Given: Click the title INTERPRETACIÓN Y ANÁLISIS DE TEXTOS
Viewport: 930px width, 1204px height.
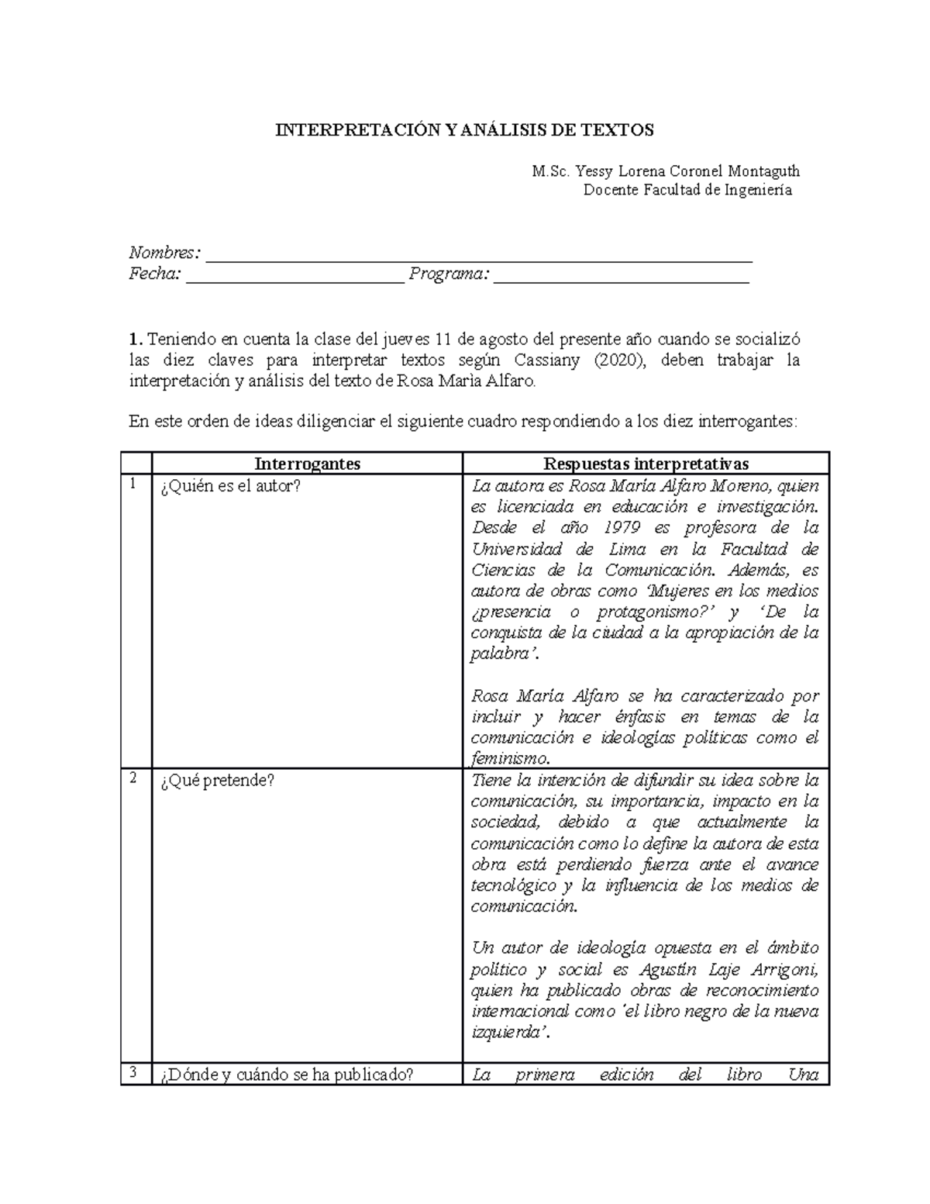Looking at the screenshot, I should click(465, 130).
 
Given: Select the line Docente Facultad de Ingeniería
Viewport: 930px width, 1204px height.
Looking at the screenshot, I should click(687, 190).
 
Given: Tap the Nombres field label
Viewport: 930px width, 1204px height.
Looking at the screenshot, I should click(164, 253).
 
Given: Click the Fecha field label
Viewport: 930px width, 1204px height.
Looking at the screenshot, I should click(155, 274).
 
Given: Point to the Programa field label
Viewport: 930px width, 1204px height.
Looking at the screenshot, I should click(449, 274).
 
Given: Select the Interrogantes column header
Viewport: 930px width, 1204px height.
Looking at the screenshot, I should click(307, 464).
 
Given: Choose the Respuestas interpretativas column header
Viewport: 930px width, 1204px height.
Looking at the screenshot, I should click(646, 464).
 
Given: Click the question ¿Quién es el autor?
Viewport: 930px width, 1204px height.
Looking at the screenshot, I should click(230, 486).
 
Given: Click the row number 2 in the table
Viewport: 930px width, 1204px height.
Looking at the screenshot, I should click(133, 778).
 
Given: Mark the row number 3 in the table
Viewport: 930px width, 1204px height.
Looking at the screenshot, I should click(133, 1072).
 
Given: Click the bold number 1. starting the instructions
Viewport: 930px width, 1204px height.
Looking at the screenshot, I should click(136, 340).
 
